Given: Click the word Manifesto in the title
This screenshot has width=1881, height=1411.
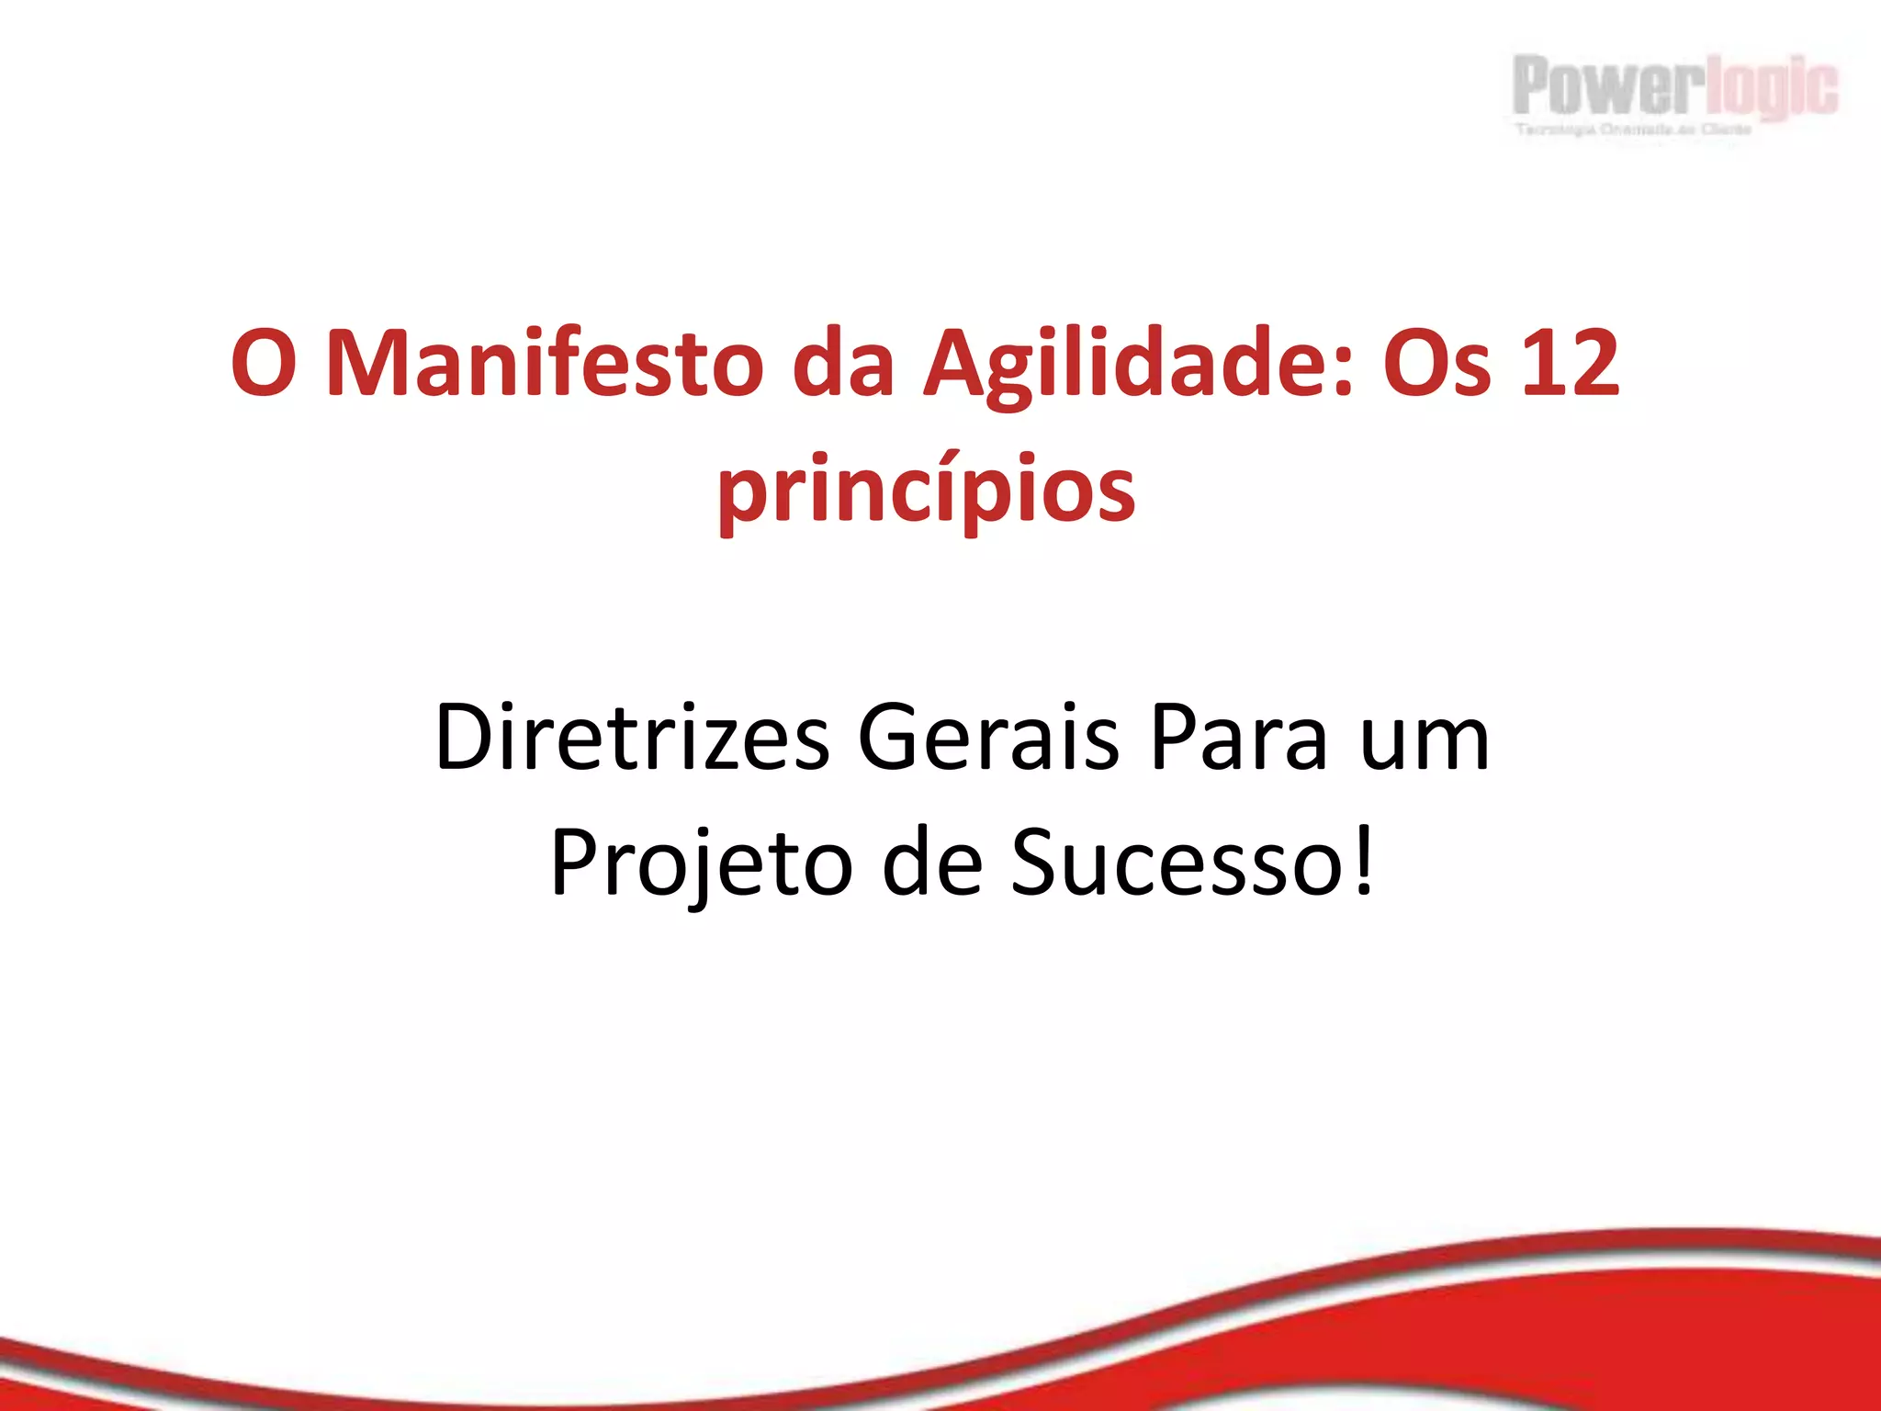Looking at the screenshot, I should pyautogui.click(x=545, y=365).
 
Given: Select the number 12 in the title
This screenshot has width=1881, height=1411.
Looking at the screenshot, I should pyautogui.click(x=1570, y=365).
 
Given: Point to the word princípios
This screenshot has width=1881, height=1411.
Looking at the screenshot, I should pyautogui.click(x=927, y=491).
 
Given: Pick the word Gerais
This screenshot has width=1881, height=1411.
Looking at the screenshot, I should pyautogui.click(x=988, y=738).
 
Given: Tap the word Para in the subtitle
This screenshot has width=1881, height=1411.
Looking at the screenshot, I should pyautogui.click(x=1239, y=738).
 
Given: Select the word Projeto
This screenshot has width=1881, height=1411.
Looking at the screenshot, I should pyautogui.click(x=702, y=864).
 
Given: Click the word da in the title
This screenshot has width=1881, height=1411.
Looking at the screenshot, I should pyautogui.click(x=843, y=365).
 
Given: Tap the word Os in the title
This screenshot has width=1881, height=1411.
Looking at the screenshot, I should pyautogui.click(x=1436, y=365).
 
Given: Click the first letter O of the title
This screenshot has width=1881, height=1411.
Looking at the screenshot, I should pyautogui.click(x=264, y=365).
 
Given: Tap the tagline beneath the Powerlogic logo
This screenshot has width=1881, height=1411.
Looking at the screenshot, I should pyautogui.click(x=1633, y=130).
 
